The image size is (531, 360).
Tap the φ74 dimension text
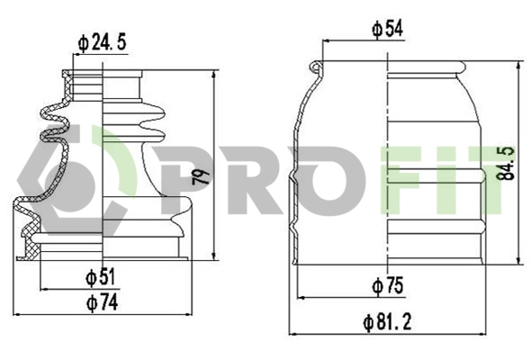click(x=102, y=303)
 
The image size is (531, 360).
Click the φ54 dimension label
click(x=387, y=29)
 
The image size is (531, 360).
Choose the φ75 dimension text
click(x=387, y=286)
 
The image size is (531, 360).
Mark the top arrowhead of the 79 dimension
click(x=213, y=75)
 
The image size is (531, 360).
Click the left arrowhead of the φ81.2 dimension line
click(x=291, y=332)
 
